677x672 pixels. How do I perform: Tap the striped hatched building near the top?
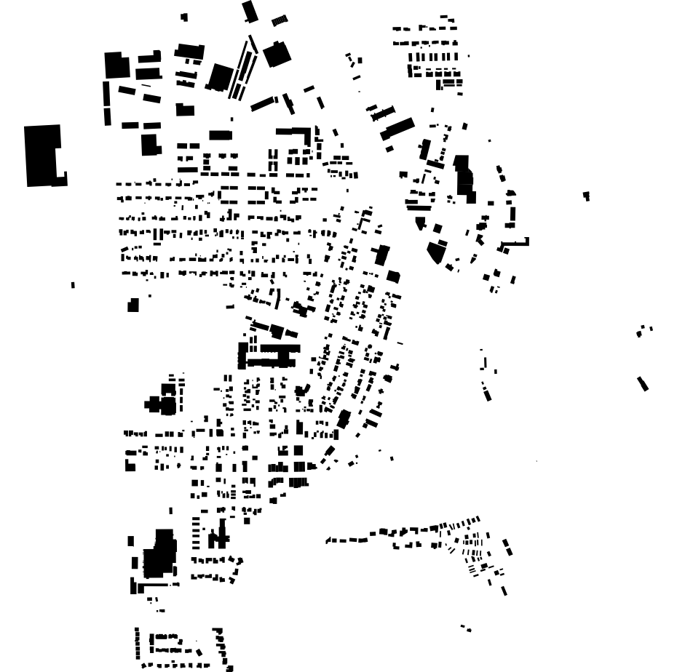point(280,20)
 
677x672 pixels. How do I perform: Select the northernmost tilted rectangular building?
point(250,11)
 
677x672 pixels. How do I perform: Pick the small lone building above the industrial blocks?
point(184,17)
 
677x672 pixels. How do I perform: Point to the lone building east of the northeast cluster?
point(586,196)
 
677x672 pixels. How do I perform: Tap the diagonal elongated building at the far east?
point(643,383)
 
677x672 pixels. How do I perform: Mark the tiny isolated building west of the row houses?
point(73,285)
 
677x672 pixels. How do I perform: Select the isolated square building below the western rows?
point(133,305)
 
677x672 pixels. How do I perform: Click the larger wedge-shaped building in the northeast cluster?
point(436,252)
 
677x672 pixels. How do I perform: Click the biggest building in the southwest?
point(159,557)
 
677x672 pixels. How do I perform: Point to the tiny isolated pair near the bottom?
point(466,628)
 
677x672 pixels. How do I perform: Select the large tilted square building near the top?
point(277,54)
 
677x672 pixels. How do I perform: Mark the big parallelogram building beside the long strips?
point(220,77)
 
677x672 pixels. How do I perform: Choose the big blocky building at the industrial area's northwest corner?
point(115,64)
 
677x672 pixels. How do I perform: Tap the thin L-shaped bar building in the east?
point(515,243)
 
